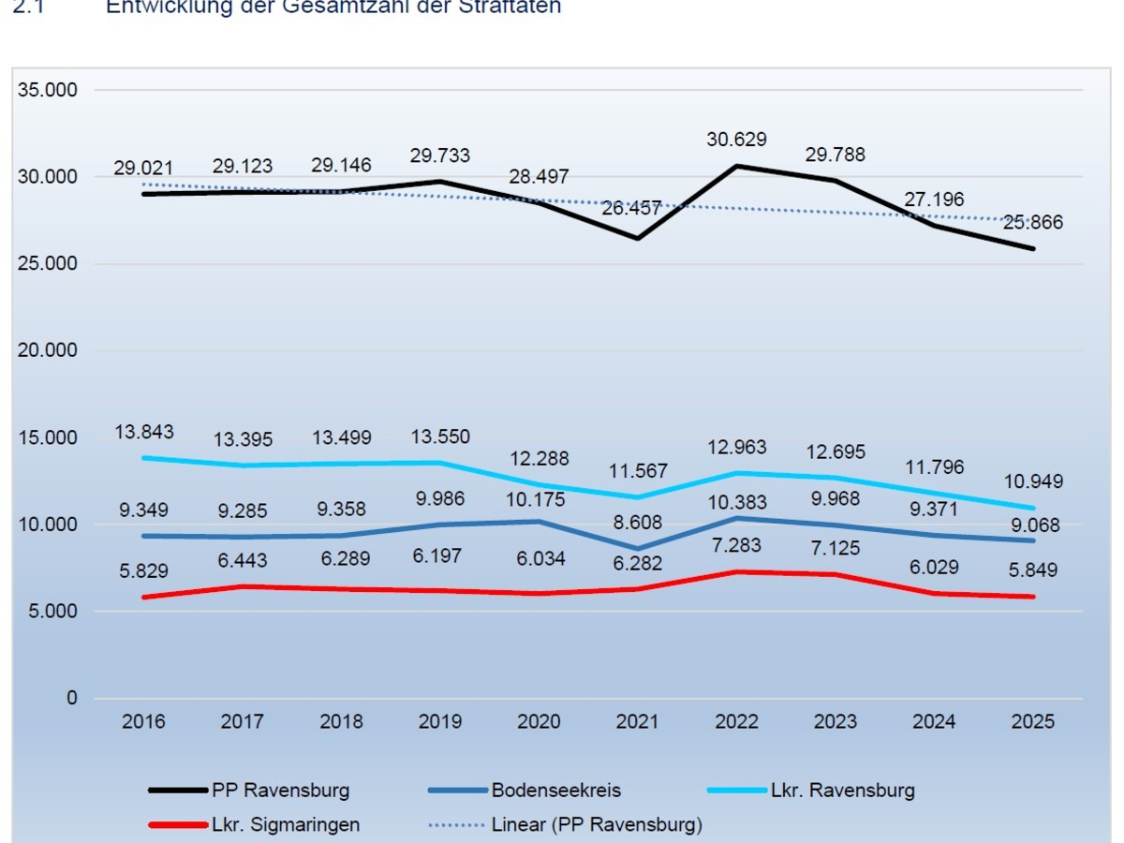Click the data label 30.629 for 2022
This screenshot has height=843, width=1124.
pyautogui.click(x=736, y=140)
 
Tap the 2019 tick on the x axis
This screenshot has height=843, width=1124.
pyautogui.click(x=440, y=722)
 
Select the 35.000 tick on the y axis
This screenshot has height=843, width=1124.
pyautogui.click(x=48, y=90)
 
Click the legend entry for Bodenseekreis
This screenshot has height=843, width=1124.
pyautogui.click(x=555, y=790)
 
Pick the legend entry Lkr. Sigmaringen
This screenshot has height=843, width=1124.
pyautogui.click(x=285, y=825)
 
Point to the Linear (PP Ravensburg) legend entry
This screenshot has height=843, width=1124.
pyautogui.click(x=596, y=825)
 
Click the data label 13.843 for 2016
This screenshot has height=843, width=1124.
pyautogui.click(x=144, y=432)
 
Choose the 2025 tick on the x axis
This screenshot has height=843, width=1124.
pyautogui.click(x=1034, y=722)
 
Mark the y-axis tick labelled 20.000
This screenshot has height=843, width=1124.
pyautogui.click(x=48, y=350)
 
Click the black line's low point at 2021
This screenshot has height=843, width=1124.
pyautogui.click(x=638, y=238)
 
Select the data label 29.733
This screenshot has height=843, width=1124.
pyautogui.click(x=440, y=155)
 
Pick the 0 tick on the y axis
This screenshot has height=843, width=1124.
pyautogui.click(x=72, y=699)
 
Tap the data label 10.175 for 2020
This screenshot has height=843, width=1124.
pyautogui.click(x=539, y=499)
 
